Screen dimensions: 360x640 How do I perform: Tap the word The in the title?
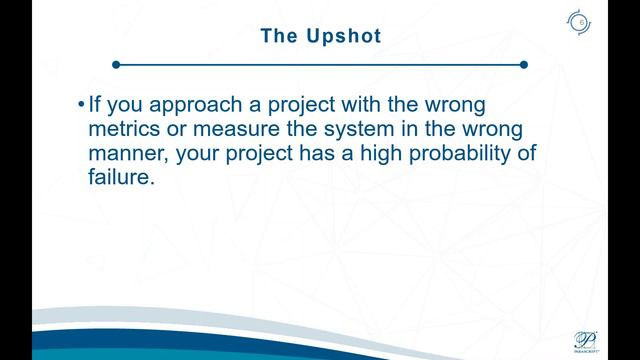(280, 36)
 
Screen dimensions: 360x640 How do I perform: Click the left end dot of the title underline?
(116, 65)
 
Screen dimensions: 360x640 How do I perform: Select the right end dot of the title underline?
(523, 65)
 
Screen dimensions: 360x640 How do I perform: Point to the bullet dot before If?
(81, 105)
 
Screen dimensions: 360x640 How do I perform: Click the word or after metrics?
(180, 130)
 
